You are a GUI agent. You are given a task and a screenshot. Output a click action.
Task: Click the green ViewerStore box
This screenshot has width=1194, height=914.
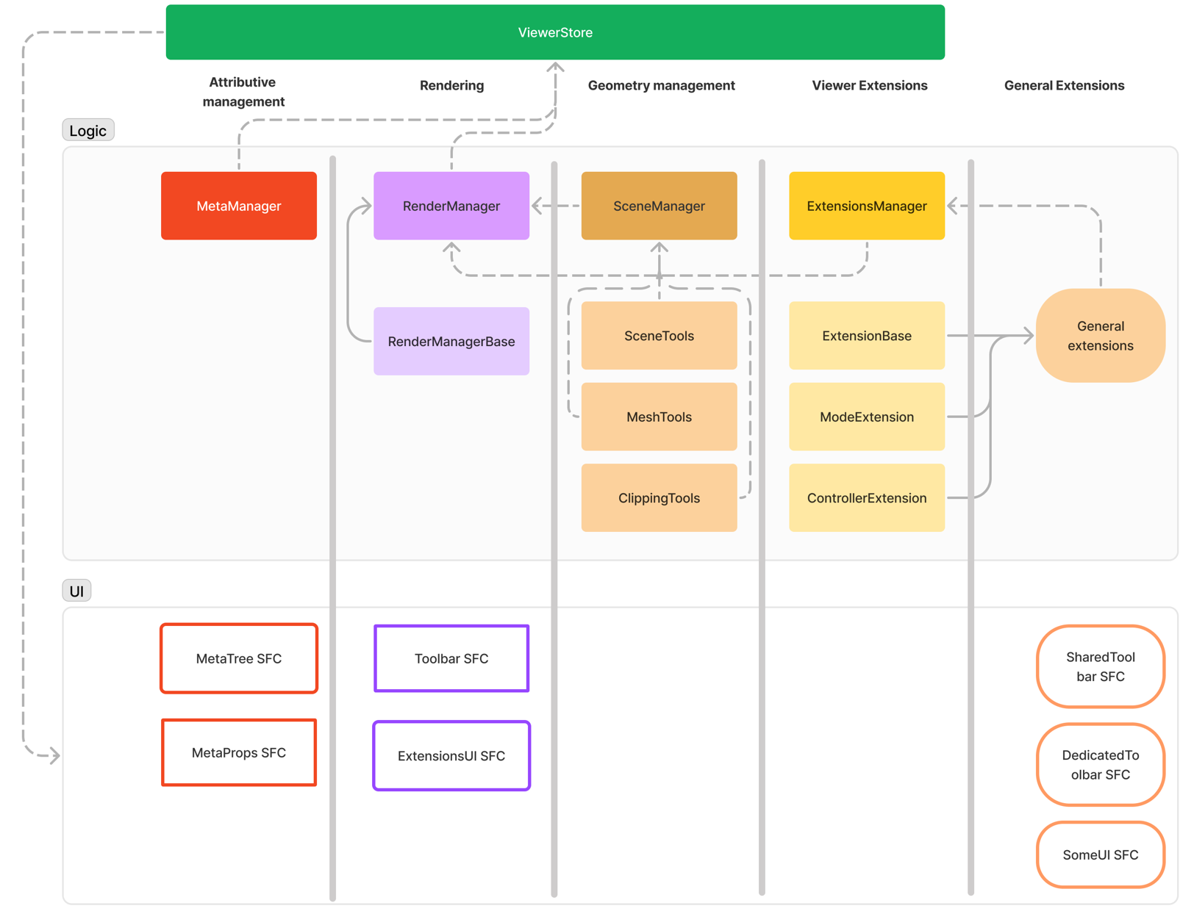[x=555, y=32]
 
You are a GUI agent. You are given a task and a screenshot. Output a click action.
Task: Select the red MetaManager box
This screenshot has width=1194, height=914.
[x=239, y=206]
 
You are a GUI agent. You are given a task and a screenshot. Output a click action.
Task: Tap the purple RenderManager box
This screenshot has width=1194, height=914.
[x=451, y=206]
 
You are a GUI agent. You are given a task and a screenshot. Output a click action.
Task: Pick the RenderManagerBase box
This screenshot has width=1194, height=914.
[x=451, y=341]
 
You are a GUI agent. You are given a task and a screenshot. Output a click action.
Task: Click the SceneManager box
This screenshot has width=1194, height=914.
[x=659, y=206]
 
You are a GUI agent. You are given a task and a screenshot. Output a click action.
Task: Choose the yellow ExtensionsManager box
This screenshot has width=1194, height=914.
[x=866, y=206]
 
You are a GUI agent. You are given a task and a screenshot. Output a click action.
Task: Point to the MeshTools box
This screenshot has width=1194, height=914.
[x=659, y=417]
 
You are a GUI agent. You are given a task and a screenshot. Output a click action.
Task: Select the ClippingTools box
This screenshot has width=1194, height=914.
[x=659, y=497]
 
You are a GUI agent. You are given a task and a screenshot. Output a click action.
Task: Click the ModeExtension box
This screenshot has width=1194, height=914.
[x=866, y=417]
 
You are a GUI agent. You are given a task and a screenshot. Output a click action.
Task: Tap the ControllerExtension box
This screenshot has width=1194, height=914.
[x=866, y=497]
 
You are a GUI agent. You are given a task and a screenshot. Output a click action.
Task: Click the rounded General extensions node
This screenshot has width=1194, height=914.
[x=1100, y=336]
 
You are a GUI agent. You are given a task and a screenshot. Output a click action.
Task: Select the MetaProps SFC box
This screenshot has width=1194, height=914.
[x=239, y=752]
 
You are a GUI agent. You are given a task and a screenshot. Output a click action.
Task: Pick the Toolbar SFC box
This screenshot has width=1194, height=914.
[x=451, y=658]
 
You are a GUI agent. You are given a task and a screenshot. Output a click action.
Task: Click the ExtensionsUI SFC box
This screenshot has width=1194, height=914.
[x=451, y=755]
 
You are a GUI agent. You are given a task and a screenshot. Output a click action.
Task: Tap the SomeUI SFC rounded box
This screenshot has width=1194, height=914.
[x=1100, y=854]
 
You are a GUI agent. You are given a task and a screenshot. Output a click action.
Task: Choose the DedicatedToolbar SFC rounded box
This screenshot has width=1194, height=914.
[x=1100, y=764]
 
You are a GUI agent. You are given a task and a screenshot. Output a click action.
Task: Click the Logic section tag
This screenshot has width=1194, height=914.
[x=87, y=131]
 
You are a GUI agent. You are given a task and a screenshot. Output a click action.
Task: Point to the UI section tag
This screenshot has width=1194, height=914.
[x=76, y=591]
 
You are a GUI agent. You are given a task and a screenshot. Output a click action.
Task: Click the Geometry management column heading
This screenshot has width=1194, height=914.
[x=661, y=85]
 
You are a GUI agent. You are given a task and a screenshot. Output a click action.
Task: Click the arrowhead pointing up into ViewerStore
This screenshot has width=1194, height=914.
[x=555, y=68]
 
